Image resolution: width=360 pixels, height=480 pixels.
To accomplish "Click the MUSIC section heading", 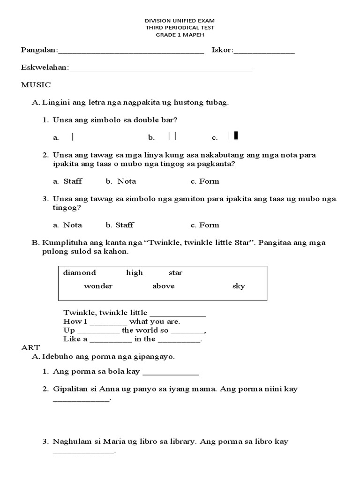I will pyautogui.click(x=36, y=85).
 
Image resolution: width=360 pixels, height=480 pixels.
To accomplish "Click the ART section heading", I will pyautogui.click(x=30, y=347).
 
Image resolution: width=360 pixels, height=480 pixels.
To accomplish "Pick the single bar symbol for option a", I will pyautogui.click(x=72, y=137).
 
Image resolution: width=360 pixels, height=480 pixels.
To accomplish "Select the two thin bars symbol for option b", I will pyautogui.click(x=172, y=136).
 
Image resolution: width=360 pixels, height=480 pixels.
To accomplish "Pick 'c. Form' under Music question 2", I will pyautogui.click(x=205, y=181).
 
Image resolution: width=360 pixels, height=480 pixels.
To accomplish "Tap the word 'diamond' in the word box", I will pyautogui.click(x=79, y=273).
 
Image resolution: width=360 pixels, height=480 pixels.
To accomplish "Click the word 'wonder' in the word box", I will pyautogui.click(x=98, y=286).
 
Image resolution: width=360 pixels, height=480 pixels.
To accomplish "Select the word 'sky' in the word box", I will pyautogui.click(x=239, y=286).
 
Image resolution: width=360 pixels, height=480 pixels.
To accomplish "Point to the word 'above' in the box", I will pyautogui.click(x=163, y=286).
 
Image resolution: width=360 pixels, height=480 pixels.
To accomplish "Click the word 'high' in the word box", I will pyautogui.click(x=134, y=273).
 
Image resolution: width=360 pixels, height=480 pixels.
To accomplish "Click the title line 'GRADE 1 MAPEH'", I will pyautogui.click(x=180, y=34).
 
